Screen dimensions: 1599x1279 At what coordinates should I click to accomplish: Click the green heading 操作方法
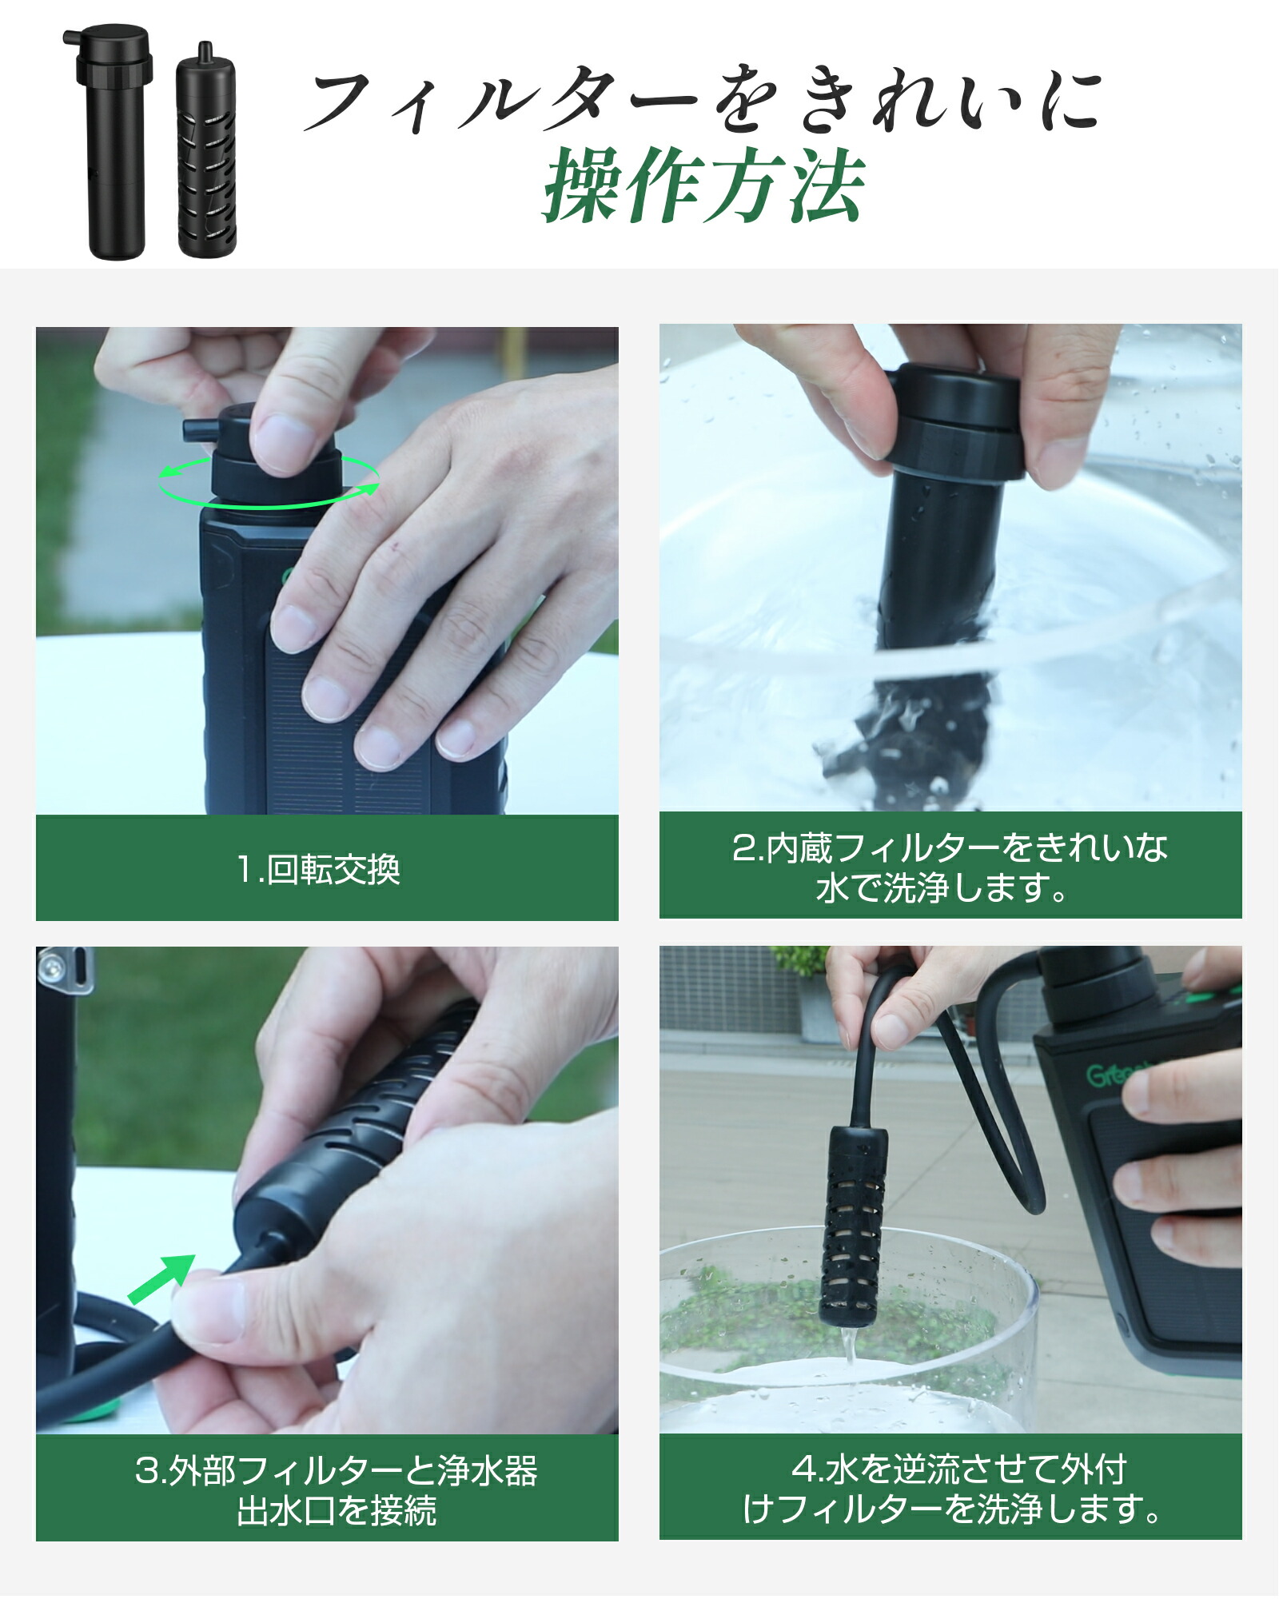click(703, 185)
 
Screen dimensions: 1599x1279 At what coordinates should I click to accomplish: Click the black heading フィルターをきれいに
click(703, 100)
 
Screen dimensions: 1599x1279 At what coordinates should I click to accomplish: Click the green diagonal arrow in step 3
click(162, 1278)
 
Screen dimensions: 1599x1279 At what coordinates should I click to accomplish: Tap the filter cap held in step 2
click(955, 424)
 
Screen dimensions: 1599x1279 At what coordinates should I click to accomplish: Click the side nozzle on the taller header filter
click(71, 37)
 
